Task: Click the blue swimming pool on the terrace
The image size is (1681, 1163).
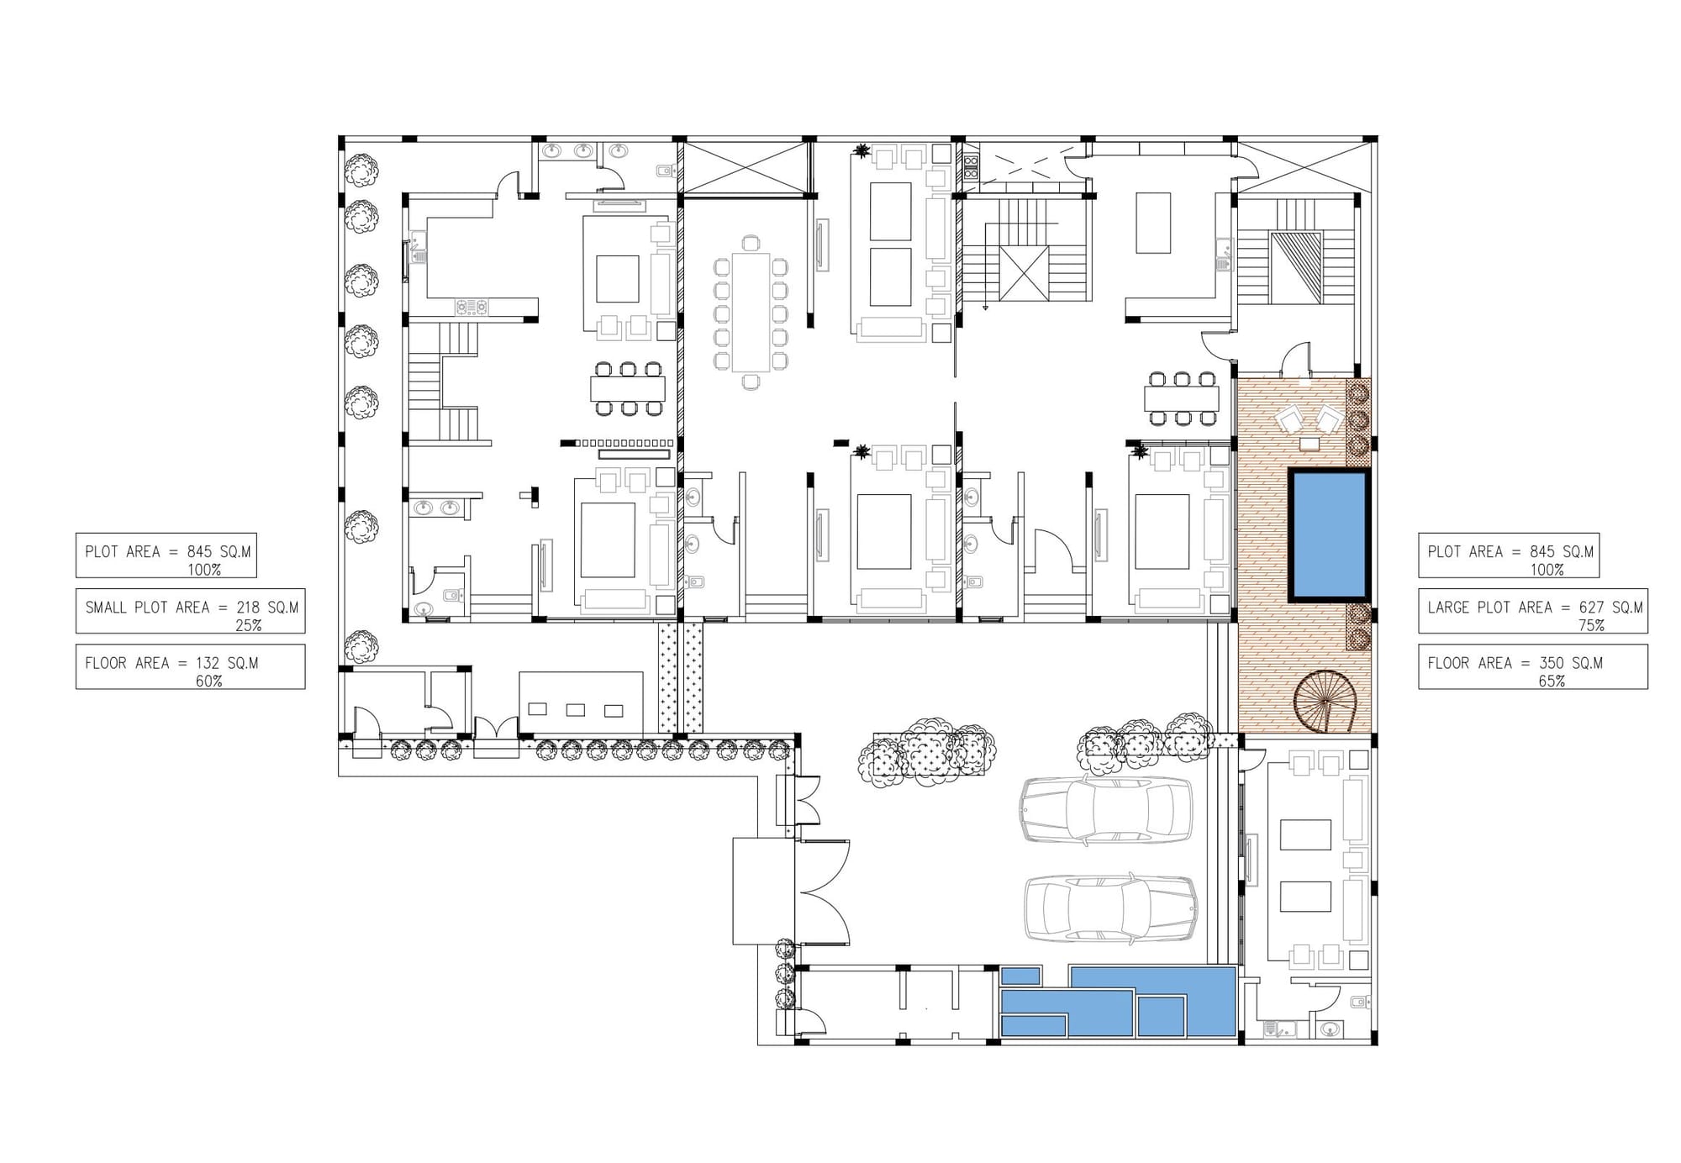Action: point(1330,535)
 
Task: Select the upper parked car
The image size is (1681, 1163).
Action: point(1106,809)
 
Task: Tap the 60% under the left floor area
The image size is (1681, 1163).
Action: point(208,681)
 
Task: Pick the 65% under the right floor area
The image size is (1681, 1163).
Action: point(1552,681)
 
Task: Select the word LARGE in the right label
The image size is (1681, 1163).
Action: point(1448,608)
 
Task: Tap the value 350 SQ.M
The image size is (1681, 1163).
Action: point(1571,663)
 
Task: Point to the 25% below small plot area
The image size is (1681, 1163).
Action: point(249,626)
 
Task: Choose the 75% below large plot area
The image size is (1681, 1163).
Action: point(1591,626)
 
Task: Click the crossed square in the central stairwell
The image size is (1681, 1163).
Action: point(1025,273)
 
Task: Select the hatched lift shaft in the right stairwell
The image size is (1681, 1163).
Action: point(1295,268)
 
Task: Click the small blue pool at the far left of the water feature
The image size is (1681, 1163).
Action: point(1021,976)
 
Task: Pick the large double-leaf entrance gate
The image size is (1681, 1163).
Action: point(822,892)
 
